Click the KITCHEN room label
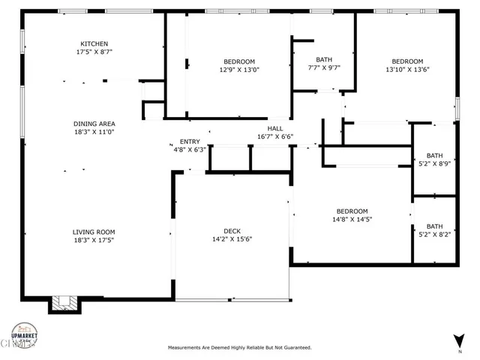94,43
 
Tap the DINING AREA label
94,123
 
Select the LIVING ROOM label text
94,232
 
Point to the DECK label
231,231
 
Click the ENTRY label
189,141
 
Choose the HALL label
274,128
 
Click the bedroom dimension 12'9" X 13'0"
238,70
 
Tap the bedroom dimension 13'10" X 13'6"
407,70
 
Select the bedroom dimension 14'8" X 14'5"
351,219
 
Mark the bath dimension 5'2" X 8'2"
434,234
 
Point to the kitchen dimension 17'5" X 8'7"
94,52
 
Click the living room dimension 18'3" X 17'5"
94,241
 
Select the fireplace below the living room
63,303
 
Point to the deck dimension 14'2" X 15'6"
231,240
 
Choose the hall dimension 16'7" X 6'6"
274,136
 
